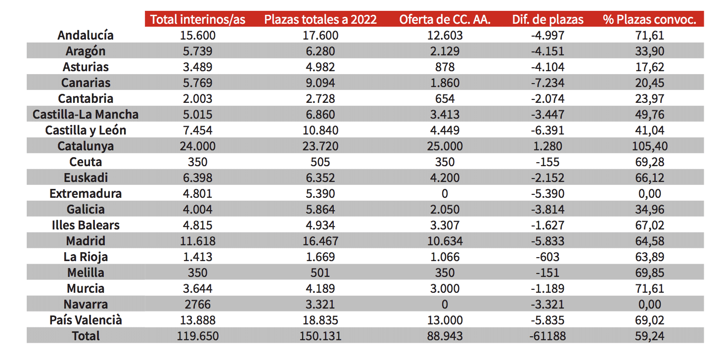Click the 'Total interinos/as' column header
pos(198,19)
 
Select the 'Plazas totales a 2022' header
pos(320,19)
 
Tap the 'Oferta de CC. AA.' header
pos(445,19)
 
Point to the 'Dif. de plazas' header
pos(547,19)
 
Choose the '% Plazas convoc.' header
pos(649,19)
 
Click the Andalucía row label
pos(86,35)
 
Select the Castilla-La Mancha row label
pos(86,114)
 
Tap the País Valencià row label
pos(86,320)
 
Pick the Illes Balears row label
pos(86,225)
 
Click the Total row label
pos(86,336)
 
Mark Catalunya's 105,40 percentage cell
pos(649,146)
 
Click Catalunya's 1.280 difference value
pos(547,146)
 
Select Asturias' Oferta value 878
pos(445,67)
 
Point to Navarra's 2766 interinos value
pos(198,304)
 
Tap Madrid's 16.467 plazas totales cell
pos(320,241)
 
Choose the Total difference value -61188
pos(547,336)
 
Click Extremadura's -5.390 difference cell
pos(547,193)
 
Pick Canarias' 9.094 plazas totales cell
pos(320,83)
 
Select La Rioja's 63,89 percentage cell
pos(649,257)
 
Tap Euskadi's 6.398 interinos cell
pos(198,178)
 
